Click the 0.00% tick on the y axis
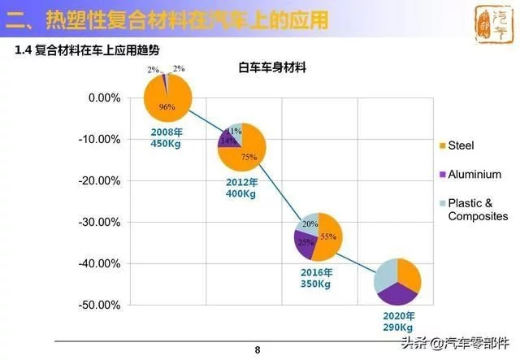pyautogui.click(x=103, y=98)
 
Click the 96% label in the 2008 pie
pyautogui.click(x=167, y=107)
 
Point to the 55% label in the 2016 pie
pyautogui.click(x=328, y=236)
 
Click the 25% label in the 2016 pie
pyautogui.click(x=305, y=242)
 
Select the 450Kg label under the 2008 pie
pyautogui.click(x=166, y=144)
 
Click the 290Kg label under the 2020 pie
pyautogui.click(x=398, y=327)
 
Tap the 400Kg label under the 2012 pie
pyautogui.click(x=241, y=194)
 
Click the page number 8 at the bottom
pyautogui.click(x=258, y=350)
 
